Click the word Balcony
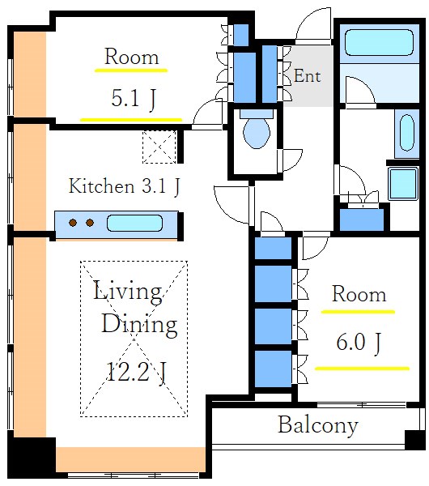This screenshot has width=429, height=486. coord(318,426)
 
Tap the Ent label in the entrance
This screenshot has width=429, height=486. coord(307,76)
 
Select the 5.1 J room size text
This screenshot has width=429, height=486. coord(134,99)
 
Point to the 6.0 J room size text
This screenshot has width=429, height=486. coord(359,343)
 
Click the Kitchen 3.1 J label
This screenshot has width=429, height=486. coord(124,186)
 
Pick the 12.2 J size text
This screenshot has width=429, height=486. coord(136,373)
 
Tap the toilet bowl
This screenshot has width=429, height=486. coord(257,133)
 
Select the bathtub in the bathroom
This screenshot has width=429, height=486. coord(379,42)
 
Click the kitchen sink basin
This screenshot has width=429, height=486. coord(134,224)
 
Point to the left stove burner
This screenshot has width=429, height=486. coord(73,222)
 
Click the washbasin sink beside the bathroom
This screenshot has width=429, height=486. coord(407,133)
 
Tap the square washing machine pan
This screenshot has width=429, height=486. coord(403,184)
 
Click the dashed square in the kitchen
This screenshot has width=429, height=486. coord(159,147)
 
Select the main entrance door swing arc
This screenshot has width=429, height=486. coord(312,25)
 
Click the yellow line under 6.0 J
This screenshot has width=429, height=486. coord(362,369)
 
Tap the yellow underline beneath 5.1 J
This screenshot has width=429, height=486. coord(131,120)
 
